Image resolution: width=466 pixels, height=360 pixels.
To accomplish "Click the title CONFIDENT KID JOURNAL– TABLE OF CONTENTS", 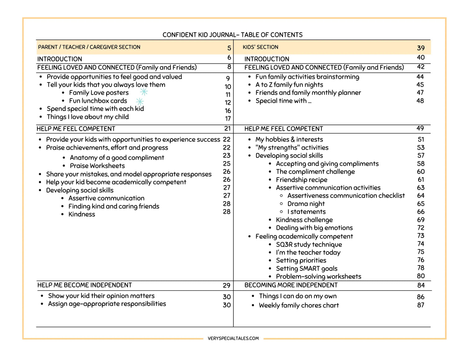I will pos(232,35).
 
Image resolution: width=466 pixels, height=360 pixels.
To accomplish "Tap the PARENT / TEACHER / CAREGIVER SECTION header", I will pos(89,47).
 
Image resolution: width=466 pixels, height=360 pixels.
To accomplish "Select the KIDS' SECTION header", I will pos(260,47).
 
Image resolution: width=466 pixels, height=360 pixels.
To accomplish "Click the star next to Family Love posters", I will pos(144,92).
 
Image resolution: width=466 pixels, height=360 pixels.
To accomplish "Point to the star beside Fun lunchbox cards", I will pos(140,101).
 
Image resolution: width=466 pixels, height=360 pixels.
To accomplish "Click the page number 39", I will pos(421,48).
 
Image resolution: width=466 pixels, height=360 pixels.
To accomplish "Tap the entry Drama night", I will pos(306,204).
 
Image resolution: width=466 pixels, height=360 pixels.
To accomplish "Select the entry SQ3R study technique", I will pos(309,244).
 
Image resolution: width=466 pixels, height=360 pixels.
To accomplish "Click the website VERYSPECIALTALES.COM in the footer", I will pos(233,338).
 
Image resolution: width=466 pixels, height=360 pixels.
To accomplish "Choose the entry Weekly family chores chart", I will pos(299,305).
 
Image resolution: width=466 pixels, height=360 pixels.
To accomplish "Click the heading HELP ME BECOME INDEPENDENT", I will pos(85,285).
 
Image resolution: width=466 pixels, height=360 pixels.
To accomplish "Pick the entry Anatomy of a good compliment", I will pos(117,158).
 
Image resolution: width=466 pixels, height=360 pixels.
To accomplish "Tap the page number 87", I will pos(421,305).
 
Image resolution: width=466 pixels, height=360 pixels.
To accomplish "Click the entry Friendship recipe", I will pos(301,180).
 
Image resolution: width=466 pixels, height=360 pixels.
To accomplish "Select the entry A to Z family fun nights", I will pos(289,85).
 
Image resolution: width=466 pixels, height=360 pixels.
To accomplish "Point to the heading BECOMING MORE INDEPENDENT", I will pos(291,285).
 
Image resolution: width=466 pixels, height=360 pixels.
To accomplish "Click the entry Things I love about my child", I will pos(88,117).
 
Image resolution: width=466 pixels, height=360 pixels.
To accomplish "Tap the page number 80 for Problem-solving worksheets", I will pos(421,276).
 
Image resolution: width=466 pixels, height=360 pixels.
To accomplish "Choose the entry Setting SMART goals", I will pos(306,268).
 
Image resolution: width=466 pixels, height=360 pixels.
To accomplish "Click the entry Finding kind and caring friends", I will pos(114,206).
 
